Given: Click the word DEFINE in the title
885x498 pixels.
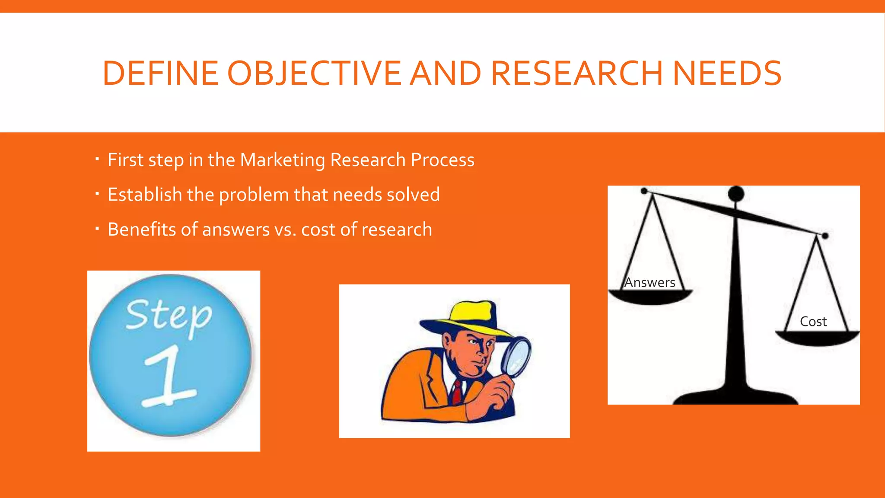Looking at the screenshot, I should [x=160, y=73].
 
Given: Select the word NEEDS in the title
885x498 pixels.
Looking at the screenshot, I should [x=727, y=73].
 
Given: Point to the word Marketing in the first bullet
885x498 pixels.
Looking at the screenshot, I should [x=282, y=160].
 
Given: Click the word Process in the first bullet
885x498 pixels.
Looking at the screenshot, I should [x=442, y=160].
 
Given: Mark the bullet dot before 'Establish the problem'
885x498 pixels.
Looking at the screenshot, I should [x=97, y=194].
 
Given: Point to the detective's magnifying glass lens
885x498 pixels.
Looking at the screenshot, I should [x=517, y=355].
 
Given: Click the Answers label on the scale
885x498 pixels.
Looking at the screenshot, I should [x=649, y=283].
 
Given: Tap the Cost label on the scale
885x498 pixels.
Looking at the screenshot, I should [x=813, y=322].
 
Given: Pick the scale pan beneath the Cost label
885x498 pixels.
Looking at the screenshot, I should [x=817, y=338].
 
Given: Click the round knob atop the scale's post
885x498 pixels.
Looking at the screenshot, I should [x=736, y=193].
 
